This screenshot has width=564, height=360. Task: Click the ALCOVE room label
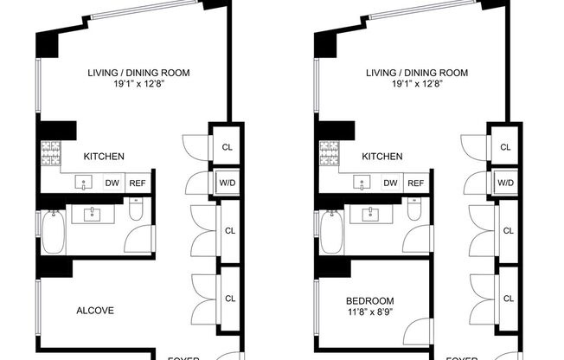coord(95,311)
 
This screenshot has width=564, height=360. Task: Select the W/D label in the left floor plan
coord(229,183)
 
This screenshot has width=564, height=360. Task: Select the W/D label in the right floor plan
coord(506,183)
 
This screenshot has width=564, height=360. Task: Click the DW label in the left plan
coord(112,183)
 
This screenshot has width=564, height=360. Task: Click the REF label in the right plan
coord(416,183)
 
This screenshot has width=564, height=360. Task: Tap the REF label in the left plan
coord(138,183)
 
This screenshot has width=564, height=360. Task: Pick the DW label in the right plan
coord(390,183)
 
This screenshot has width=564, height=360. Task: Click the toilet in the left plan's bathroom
coord(135,211)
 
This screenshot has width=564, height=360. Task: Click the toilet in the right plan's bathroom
coord(413,211)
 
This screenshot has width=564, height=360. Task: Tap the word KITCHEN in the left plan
coord(104,157)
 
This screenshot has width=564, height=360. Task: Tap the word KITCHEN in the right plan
coord(382,157)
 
